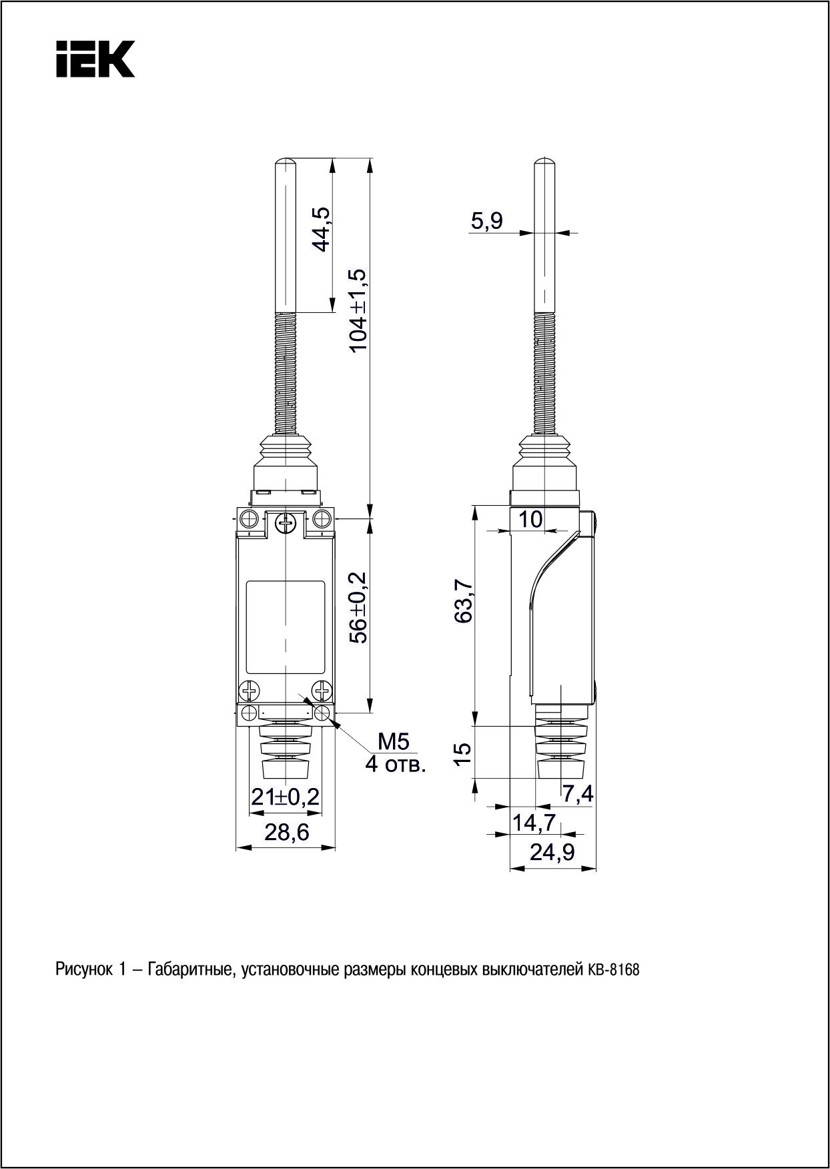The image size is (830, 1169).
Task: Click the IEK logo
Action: pos(95,59)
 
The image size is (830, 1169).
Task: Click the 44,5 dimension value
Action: pos(322,229)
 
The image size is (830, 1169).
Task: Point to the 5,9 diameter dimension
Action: pos(486,220)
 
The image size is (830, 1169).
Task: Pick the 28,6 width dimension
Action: pos(286,833)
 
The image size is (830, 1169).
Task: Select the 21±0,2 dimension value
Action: pos(285,797)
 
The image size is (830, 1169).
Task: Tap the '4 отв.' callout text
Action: pos(395,764)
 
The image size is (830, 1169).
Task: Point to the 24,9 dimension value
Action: pos(552,852)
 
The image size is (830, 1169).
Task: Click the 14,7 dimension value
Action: pos(533,823)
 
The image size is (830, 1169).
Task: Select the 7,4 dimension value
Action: pos(578,794)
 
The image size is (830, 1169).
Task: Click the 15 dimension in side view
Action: pos(463,752)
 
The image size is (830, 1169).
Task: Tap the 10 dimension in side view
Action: pos(531,519)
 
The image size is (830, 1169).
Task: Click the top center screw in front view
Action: pos(286,524)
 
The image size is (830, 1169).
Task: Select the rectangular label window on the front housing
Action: pos(286,627)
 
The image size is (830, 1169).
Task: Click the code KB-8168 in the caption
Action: pos(613,969)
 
